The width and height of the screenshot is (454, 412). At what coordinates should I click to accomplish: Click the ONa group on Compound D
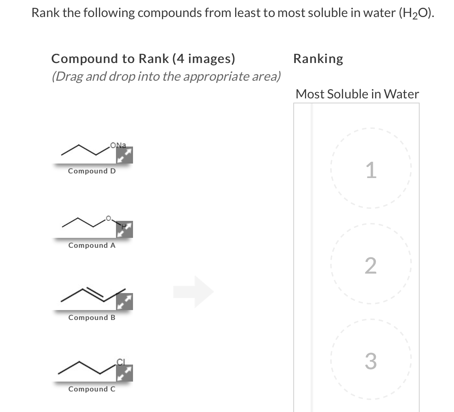[118, 145]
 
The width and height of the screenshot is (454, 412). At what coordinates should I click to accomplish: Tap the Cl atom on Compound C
[121, 361]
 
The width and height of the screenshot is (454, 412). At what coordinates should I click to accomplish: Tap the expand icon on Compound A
[124, 229]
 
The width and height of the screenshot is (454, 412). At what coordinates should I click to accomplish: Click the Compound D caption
[92, 171]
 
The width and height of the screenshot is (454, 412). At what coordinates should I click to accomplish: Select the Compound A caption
[92, 245]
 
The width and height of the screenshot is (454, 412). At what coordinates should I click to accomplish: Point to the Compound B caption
[92, 317]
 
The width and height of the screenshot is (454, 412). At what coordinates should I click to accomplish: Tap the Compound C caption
[92, 389]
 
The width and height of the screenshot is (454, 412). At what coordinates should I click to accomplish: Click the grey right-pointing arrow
[194, 292]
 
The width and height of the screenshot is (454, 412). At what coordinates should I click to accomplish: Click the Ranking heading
[318, 58]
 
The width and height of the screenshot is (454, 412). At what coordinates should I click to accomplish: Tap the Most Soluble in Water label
[357, 94]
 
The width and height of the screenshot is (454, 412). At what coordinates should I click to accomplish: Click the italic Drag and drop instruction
[166, 76]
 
